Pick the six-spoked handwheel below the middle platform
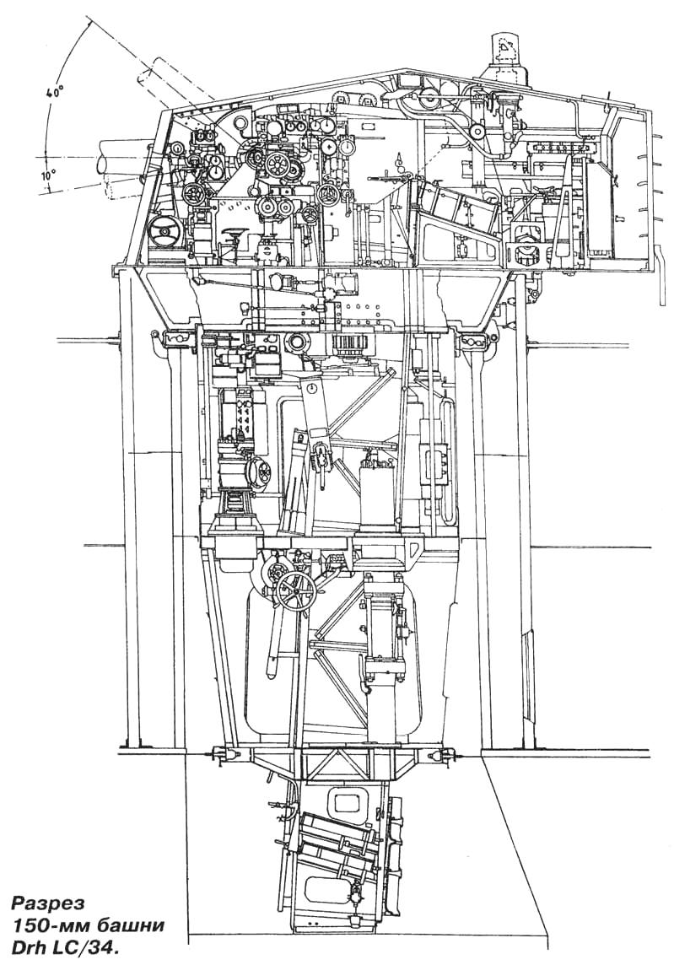pyautogui.click(x=296, y=592)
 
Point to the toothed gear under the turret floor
pyautogui.click(x=349, y=346)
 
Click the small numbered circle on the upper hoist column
pyautogui.click(x=313, y=388)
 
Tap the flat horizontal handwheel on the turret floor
pyautogui.click(x=234, y=234)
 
